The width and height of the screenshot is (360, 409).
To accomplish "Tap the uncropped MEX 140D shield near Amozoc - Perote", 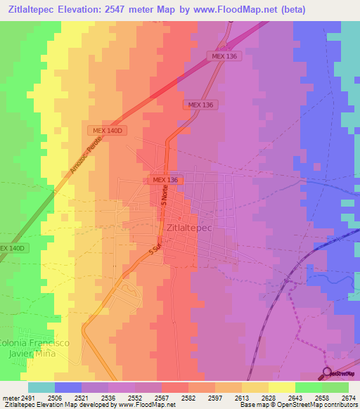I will [107, 131].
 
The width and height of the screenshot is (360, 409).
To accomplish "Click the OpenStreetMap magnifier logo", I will [326, 372].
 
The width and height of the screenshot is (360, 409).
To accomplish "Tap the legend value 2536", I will [109, 397].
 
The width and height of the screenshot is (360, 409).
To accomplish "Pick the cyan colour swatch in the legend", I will [41, 387].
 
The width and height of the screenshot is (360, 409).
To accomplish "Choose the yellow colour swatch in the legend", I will [281, 387].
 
